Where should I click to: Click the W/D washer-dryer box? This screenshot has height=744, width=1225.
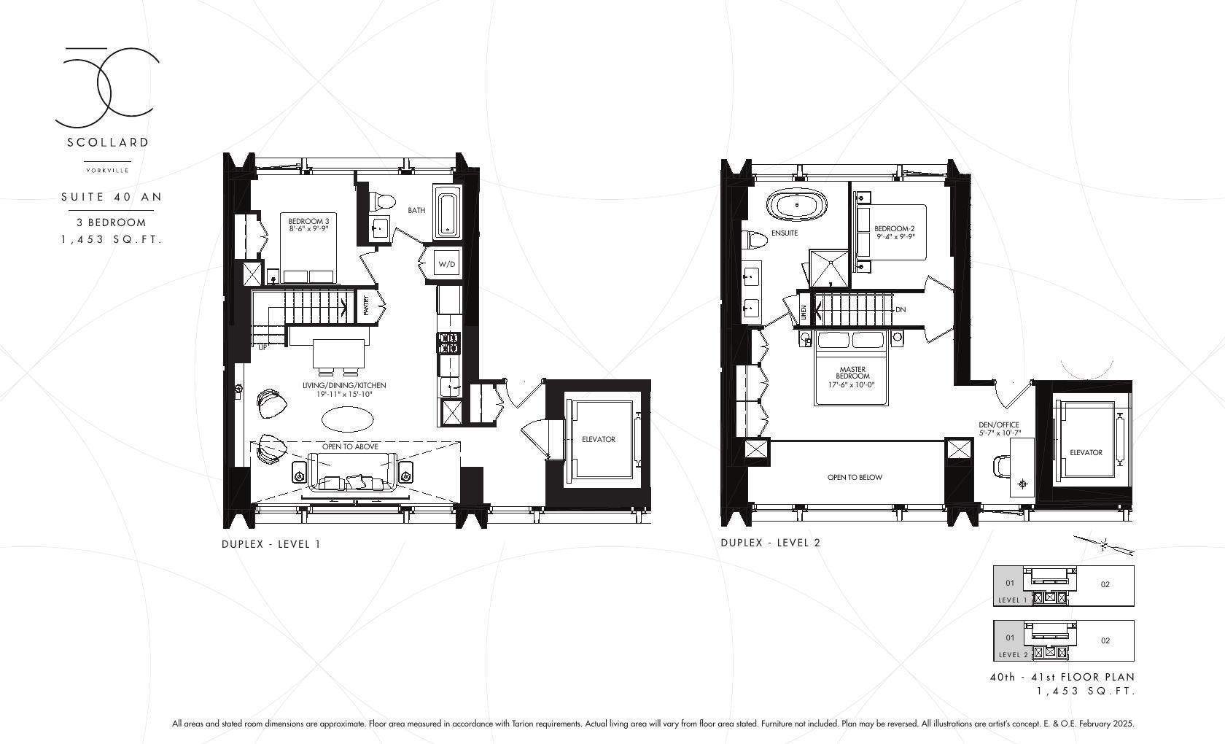coord(447,263)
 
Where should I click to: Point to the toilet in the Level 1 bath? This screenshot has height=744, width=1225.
coord(382,199)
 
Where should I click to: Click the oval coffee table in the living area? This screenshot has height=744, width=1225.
coord(348,419)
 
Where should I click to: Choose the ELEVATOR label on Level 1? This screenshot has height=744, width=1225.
coord(598,439)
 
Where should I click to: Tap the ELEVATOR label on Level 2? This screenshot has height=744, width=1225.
coord(1086,452)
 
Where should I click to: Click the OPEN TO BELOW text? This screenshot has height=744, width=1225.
coord(855,477)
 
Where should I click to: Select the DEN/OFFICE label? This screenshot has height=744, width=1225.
coord(999,428)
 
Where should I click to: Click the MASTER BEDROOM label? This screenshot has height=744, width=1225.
coord(852,373)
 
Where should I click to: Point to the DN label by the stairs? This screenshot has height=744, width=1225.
coord(901,309)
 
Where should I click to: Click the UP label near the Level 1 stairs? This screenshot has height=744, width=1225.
coord(262,347)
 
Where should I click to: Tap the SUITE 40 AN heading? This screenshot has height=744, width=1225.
coord(112,197)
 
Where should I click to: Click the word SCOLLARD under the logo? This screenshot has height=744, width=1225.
coord(108,142)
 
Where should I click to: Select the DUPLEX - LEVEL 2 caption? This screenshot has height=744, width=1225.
coord(770,543)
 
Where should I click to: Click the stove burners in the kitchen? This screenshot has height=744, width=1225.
coord(448,343)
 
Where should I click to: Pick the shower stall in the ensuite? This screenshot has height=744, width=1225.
coord(829,268)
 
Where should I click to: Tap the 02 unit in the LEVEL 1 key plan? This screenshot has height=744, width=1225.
coord(1105,584)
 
